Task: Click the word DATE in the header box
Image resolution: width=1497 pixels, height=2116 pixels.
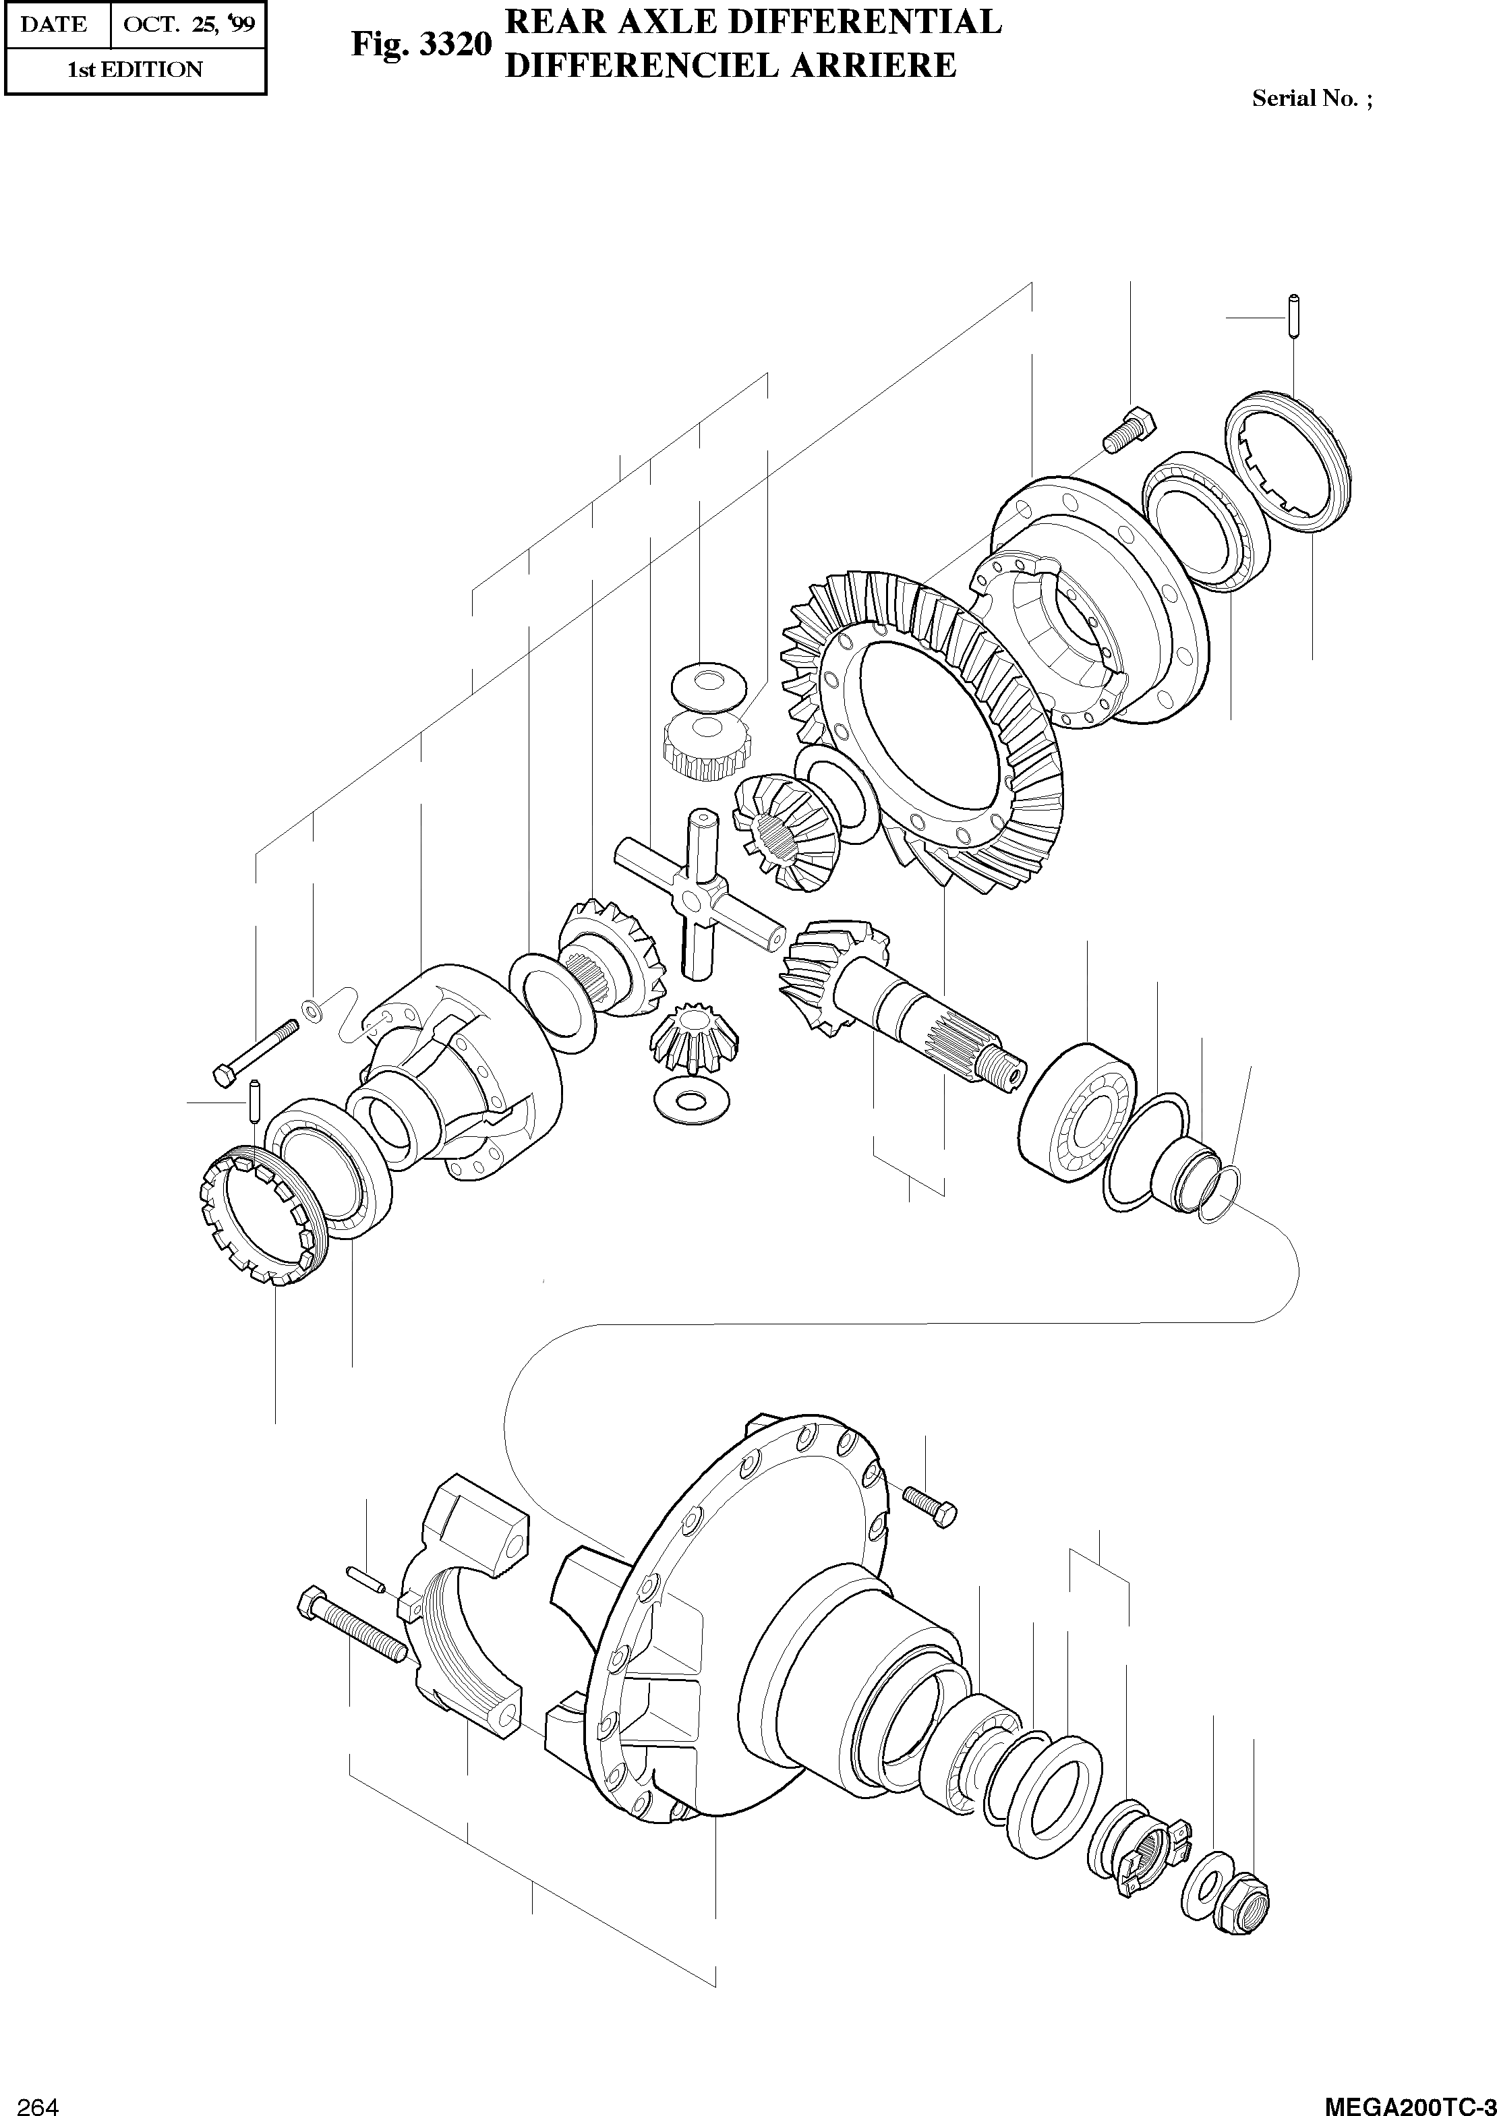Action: [53, 25]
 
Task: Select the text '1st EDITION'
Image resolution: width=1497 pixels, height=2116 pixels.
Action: [135, 70]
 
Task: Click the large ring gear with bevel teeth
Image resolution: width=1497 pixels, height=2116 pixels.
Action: [922, 737]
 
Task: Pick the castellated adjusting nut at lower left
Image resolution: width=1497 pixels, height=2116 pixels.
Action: [262, 1216]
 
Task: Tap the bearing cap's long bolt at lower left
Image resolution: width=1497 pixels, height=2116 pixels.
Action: [350, 1629]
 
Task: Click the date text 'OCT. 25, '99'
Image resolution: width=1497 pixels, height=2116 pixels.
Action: [188, 25]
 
